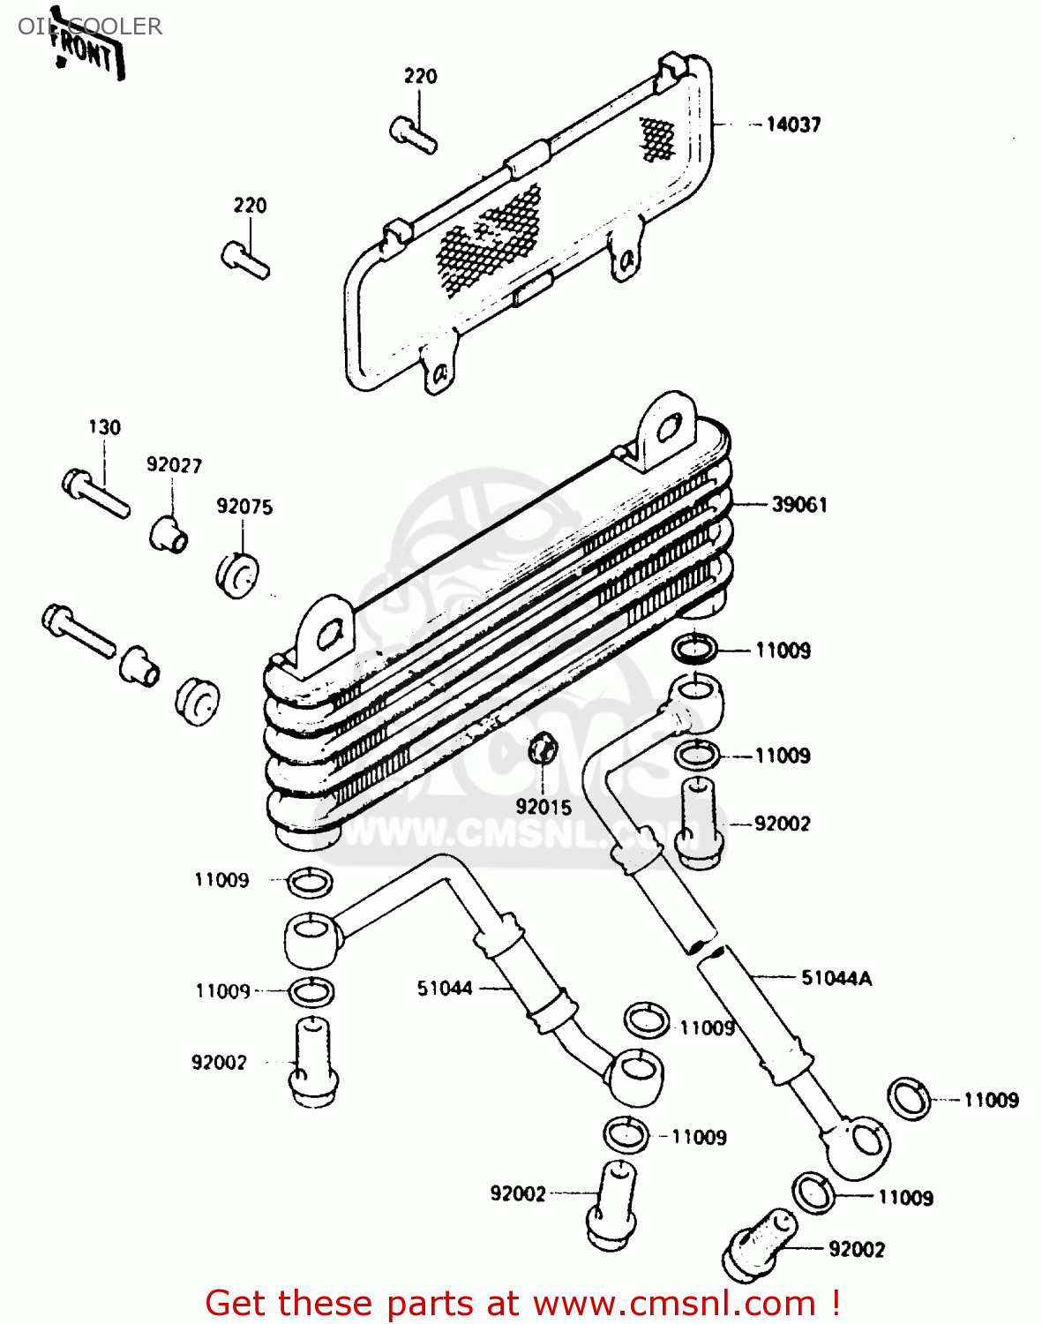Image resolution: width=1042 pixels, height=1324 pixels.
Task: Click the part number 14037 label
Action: pyautogui.click(x=792, y=124)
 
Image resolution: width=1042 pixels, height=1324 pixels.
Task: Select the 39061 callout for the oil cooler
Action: pyautogui.click(x=798, y=505)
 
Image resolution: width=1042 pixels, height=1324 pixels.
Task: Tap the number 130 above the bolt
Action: pyautogui.click(x=104, y=428)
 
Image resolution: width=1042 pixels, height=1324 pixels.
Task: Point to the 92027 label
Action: pyautogui.click(x=174, y=465)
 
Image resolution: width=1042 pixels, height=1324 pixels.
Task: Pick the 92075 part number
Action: pyautogui.click(x=244, y=507)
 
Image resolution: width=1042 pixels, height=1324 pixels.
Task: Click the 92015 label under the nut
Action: pyautogui.click(x=543, y=807)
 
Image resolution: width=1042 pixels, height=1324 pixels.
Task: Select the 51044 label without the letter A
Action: pyautogui.click(x=445, y=989)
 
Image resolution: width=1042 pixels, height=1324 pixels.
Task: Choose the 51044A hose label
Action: pyautogui.click(x=836, y=978)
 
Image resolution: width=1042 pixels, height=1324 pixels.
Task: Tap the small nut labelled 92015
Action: pyautogui.click(x=543, y=749)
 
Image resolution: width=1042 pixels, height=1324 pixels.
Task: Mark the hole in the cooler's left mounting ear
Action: pyautogui.click(x=328, y=636)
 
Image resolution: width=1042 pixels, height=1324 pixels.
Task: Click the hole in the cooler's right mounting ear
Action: pyautogui.click(x=669, y=429)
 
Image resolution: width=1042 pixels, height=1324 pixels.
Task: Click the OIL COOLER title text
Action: pyautogui.click(x=90, y=26)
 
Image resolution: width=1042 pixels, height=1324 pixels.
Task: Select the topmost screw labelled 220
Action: pyautogui.click(x=413, y=134)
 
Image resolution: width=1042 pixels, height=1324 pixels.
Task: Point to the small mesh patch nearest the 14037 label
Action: pyautogui.click(x=656, y=139)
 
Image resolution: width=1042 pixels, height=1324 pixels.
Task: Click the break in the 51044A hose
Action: pyautogui.click(x=708, y=950)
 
